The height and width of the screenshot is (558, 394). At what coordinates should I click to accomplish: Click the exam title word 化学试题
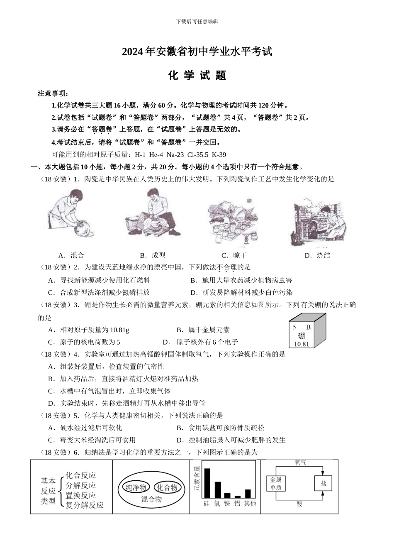tap(197, 76)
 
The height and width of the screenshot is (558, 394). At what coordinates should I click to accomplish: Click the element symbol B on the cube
tap(308, 327)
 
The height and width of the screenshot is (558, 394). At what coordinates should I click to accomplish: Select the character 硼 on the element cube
tap(301, 336)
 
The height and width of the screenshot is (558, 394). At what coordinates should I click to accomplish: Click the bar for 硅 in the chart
tap(207, 483)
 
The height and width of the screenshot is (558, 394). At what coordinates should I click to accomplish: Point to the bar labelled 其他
tap(248, 493)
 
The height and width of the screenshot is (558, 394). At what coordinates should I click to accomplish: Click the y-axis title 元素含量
tap(197, 480)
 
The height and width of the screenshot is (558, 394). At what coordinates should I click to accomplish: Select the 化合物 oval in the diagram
tap(167, 487)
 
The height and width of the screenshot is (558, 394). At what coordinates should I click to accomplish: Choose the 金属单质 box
tap(276, 483)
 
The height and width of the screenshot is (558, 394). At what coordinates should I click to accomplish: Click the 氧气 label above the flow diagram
tap(301, 463)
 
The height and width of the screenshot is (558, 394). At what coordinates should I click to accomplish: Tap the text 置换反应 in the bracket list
tap(81, 495)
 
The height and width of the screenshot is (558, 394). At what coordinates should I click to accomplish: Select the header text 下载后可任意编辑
tap(197, 21)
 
